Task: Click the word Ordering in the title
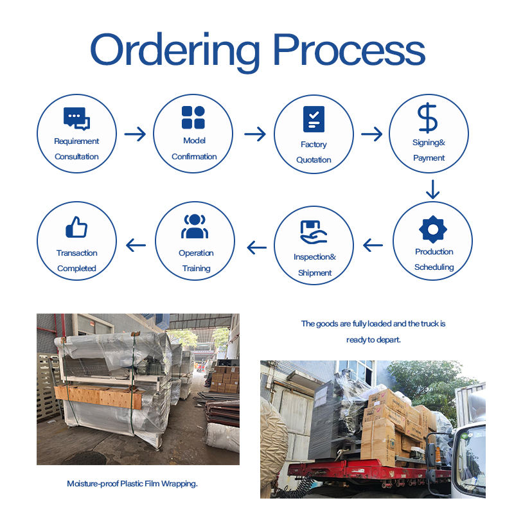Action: pyautogui.click(x=175, y=53)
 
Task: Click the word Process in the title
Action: pyautogui.click(x=349, y=49)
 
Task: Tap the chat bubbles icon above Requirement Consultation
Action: pyautogui.click(x=76, y=119)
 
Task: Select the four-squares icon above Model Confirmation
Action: pyautogui.click(x=193, y=117)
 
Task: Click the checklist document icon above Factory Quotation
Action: pyautogui.click(x=314, y=119)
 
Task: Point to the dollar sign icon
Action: pyautogui.click(x=427, y=118)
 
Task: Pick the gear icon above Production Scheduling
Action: pyautogui.click(x=432, y=229)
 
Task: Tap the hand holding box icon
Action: pyautogui.click(x=314, y=232)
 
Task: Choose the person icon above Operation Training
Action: pyautogui.click(x=195, y=226)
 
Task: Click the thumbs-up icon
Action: pyautogui.click(x=76, y=227)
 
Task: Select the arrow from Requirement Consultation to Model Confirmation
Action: pyautogui.click(x=135, y=134)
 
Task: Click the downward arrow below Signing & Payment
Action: pyautogui.click(x=432, y=190)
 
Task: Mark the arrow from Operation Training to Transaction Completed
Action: pyautogui.click(x=136, y=245)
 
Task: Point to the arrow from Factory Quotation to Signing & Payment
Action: pyautogui.click(x=372, y=134)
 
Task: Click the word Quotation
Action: pyautogui.click(x=314, y=160)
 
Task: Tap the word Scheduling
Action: pyautogui.click(x=434, y=267)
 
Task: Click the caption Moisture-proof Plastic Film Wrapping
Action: pyautogui.click(x=132, y=484)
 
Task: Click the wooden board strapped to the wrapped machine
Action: pyautogui.click(x=99, y=396)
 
